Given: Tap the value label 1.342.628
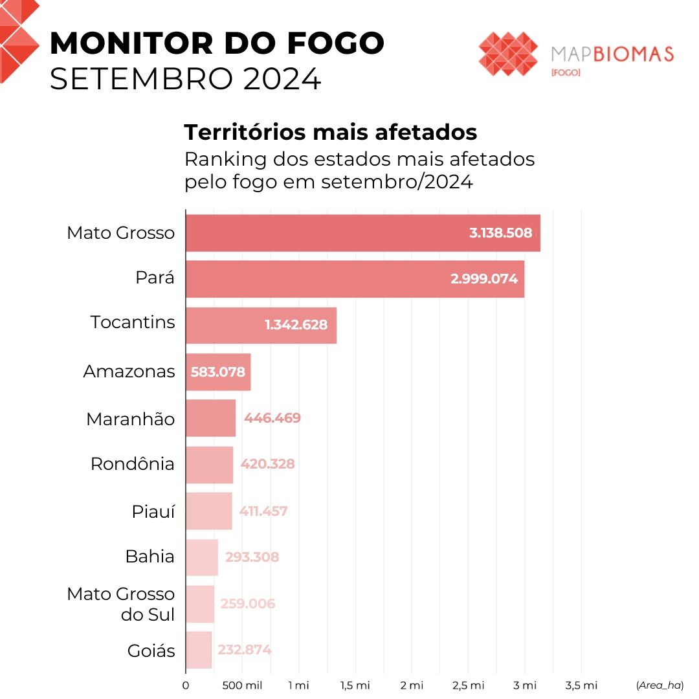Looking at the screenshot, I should pyautogui.click(x=296, y=325).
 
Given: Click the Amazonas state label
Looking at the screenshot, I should pyautogui.click(x=129, y=372).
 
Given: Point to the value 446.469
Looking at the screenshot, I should pyautogui.click(x=272, y=418).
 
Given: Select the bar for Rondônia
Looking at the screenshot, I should pyautogui.click(x=209, y=465).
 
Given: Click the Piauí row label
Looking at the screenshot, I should pyautogui.click(x=153, y=511).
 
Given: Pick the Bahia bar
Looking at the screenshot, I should pyautogui.click(x=201, y=557).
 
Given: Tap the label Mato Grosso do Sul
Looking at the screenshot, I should pyautogui.click(x=121, y=604).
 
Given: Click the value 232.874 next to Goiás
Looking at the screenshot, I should pyautogui.click(x=245, y=650).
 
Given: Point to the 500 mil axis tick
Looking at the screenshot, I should pyautogui.click(x=242, y=685).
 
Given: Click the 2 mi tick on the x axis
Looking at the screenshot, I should pyautogui.click(x=411, y=685).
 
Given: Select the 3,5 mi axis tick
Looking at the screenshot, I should pyautogui.click(x=581, y=685).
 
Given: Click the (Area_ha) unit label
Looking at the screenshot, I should pyautogui.click(x=660, y=685).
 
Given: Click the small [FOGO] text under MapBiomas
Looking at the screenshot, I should pyautogui.click(x=565, y=72).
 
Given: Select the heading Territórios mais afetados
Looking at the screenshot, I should pyautogui.click(x=331, y=132).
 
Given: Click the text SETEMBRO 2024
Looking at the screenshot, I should pyautogui.click(x=185, y=79).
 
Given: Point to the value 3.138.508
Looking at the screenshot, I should pyautogui.click(x=500, y=233).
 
